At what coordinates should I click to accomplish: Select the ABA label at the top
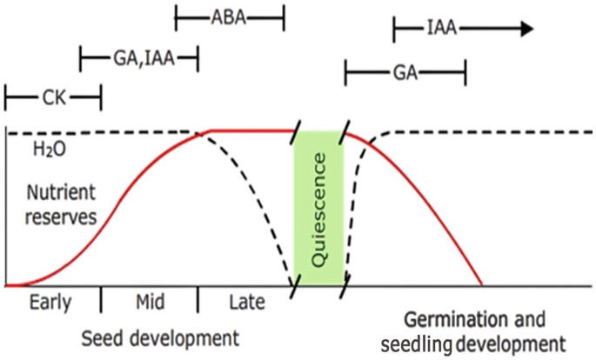click(230, 16)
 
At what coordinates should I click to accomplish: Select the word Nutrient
click(58, 192)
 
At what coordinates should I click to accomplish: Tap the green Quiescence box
click(318, 208)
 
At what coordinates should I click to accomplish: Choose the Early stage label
click(50, 304)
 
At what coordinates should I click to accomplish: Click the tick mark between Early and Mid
click(101, 297)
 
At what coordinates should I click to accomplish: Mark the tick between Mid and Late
click(198, 297)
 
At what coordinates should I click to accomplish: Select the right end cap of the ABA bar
click(284, 16)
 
